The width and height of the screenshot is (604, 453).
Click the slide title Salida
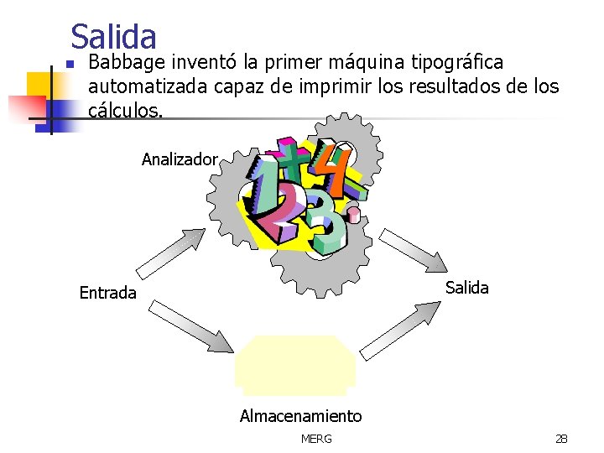tap(113, 36)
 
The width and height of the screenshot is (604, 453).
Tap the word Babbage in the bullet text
tap(127, 63)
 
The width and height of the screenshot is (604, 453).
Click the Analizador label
tap(180, 159)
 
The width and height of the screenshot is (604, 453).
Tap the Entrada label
tap(107, 293)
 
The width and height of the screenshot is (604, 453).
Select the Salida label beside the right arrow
tap(466, 288)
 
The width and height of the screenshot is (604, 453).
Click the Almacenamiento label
tap(300, 416)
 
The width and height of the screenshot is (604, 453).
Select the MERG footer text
tap(315, 439)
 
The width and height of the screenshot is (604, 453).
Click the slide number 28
tap(560, 439)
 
